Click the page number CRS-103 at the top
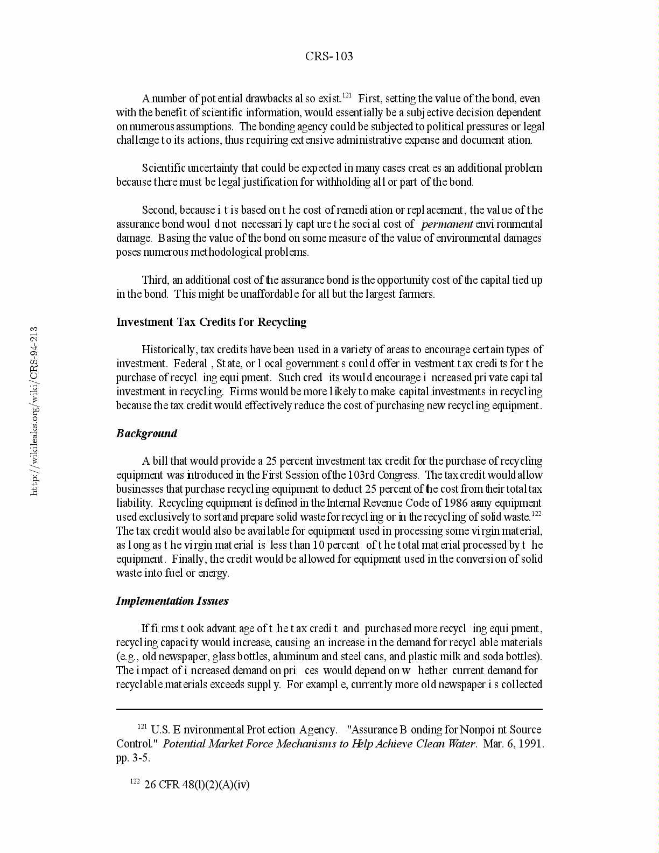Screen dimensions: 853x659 pos(329,57)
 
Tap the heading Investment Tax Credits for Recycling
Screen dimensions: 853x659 pos(211,322)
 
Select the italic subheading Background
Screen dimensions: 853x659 pos(146,434)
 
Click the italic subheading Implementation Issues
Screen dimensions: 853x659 pos(172,601)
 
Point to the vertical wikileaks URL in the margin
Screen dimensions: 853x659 pos(34,411)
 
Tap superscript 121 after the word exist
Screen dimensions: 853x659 pos(347,95)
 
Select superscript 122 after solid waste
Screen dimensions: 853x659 pos(536,514)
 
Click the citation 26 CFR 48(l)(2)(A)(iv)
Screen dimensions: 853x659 pos(197,785)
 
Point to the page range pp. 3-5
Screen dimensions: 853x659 pos(134,758)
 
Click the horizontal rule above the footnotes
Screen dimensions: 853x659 pos(329,710)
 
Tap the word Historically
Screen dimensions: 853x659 pos(169,349)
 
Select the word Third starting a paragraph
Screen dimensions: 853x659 pos(155,280)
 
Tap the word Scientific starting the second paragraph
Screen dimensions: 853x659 pos(164,168)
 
